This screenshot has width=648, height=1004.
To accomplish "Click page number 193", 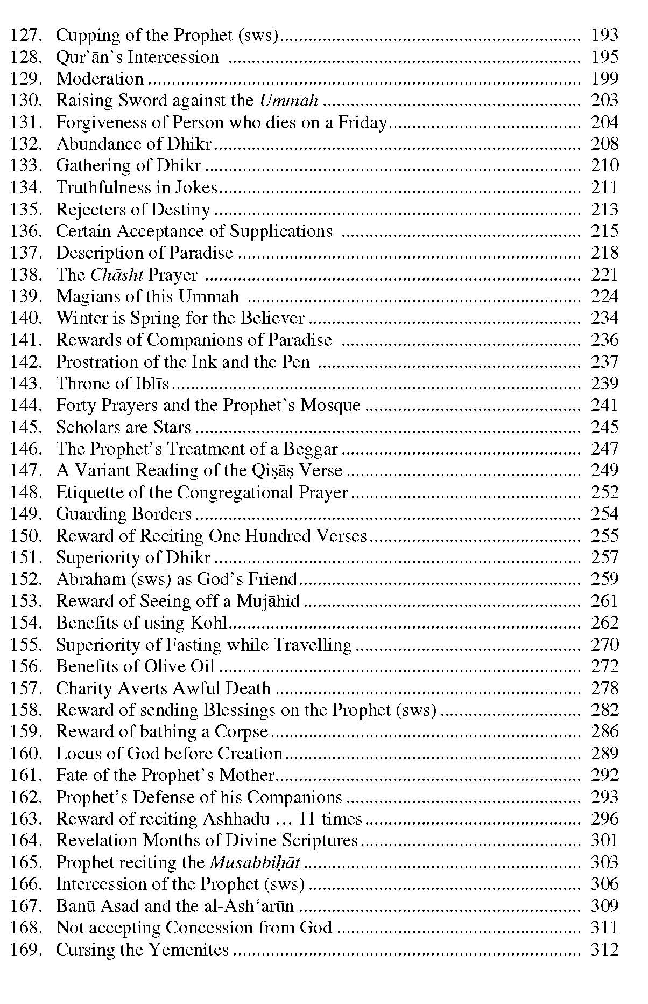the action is [x=604, y=36].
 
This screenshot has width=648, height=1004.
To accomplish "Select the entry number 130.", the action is [x=26, y=101].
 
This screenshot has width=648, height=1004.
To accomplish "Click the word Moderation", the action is [x=100, y=79].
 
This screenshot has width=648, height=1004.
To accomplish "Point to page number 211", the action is [x=604, y=187].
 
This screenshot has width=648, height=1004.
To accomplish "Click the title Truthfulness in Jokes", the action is [x=137, y=187].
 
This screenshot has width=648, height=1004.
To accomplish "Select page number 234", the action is [x=604, y=318].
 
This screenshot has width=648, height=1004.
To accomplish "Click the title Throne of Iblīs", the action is [x=112, y=384].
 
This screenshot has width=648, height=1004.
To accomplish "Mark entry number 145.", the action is [x=26, y=427].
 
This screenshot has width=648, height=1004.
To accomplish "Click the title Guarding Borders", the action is [x=124, y=514].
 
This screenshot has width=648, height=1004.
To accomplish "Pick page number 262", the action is [x=604, y=623].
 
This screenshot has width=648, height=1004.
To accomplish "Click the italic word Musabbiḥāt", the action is [x=255, y=862].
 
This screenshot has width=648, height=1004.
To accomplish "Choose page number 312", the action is [x=604, y=949].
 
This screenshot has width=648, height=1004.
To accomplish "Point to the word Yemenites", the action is [x=188, y=949].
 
